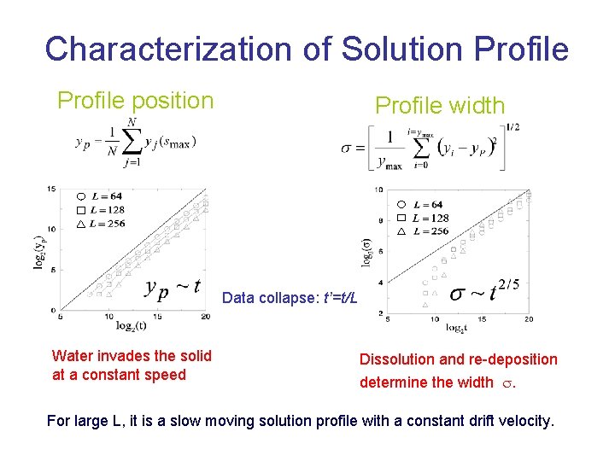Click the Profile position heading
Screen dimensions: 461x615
(x=135, y=101)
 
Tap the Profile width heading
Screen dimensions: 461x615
(x=440, y=106)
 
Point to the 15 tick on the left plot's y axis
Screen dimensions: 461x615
(x=52, y=189)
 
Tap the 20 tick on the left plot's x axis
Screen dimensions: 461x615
(x=206, y=317)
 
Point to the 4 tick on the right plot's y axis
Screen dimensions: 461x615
(x=379, y=283)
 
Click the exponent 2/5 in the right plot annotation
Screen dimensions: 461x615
(x=509, y=283)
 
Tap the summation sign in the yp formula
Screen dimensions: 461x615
(x=131, y=141)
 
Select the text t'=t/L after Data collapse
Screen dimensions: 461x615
(x=339, y=299)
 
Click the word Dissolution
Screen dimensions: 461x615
(x=400, y=359)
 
